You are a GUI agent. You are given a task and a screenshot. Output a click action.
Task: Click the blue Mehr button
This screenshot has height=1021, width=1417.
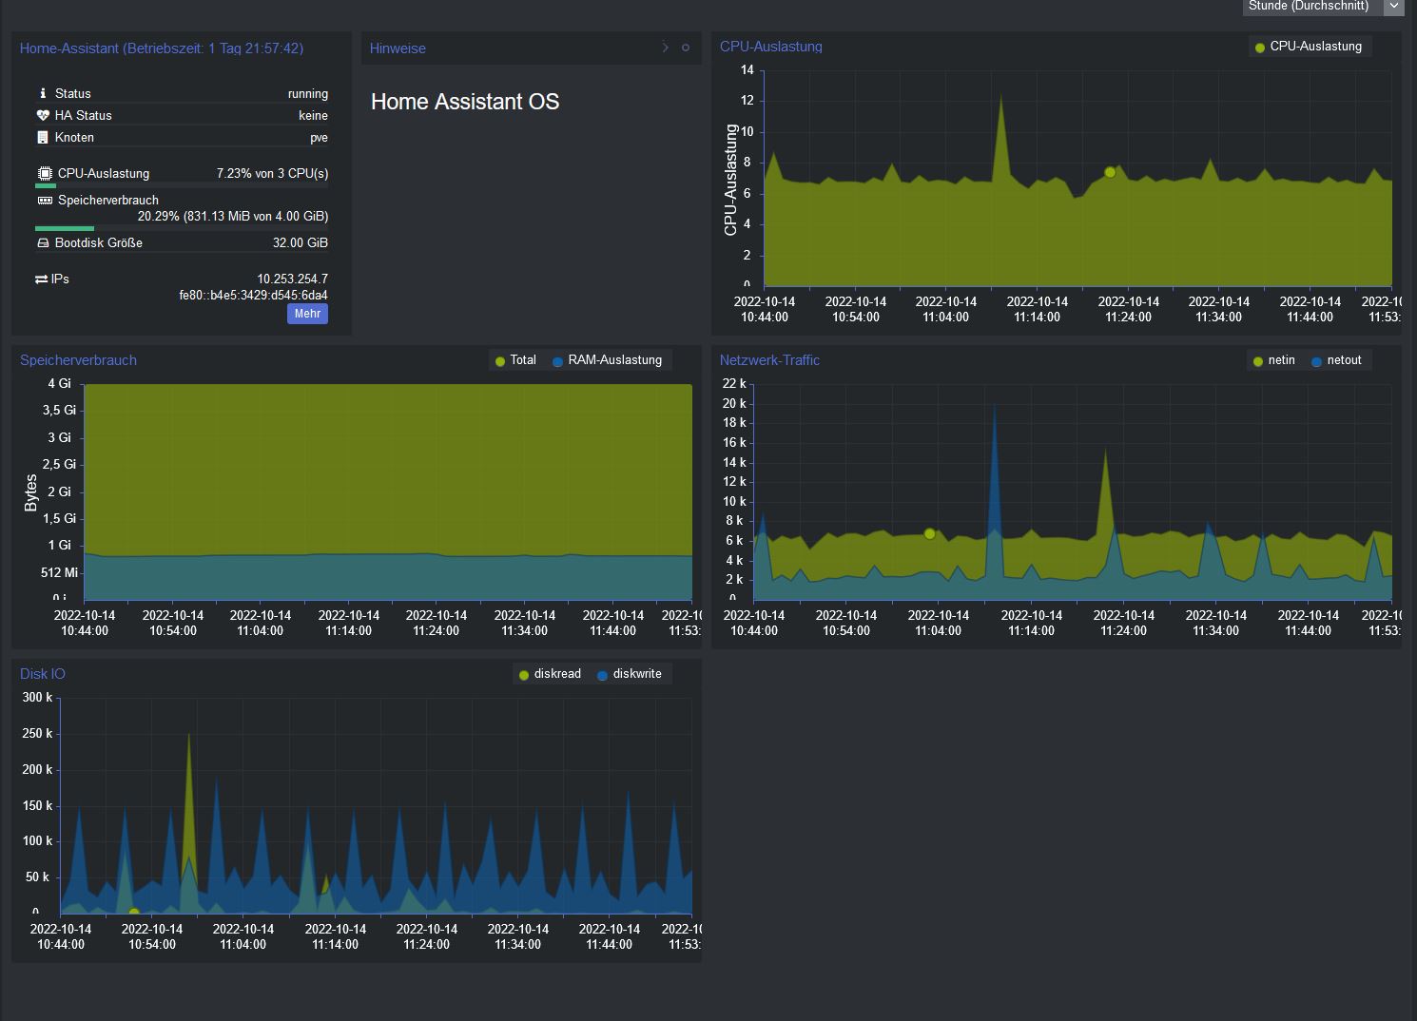[x=307, y=314]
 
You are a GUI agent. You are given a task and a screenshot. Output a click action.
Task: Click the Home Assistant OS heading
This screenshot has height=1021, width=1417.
[x=465, y=102]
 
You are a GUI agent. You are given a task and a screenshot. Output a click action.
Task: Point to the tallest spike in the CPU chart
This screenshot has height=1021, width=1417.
[x=1000, y=94]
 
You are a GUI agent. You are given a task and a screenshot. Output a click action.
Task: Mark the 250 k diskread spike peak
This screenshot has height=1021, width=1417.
[x=188, y=734]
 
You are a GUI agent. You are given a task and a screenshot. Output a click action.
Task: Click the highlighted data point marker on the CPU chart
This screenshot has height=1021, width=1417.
[x=1110, y=172]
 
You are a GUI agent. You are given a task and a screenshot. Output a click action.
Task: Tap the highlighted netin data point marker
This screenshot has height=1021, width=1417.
[x=930, y=533]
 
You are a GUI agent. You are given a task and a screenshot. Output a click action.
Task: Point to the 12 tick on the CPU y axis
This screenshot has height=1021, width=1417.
[x=747, y=101]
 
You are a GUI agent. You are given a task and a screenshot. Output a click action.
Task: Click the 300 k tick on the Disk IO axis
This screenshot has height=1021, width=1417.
[x=38, y=698]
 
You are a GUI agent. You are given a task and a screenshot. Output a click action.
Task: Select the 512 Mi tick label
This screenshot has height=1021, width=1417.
[x=59, y=572]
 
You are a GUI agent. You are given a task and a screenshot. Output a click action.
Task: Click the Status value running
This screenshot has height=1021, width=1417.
[x=308, y=94]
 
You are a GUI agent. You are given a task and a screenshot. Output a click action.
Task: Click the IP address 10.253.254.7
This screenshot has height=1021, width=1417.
[x=292, y=279]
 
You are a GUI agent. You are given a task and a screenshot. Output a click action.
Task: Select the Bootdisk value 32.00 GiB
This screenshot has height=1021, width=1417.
[x=300, y=243]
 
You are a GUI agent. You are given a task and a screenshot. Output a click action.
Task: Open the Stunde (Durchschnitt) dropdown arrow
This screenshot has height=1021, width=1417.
[x=1394, y=6]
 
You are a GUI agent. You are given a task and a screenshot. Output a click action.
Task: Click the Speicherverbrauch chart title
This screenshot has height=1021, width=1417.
[x=78, y=360]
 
